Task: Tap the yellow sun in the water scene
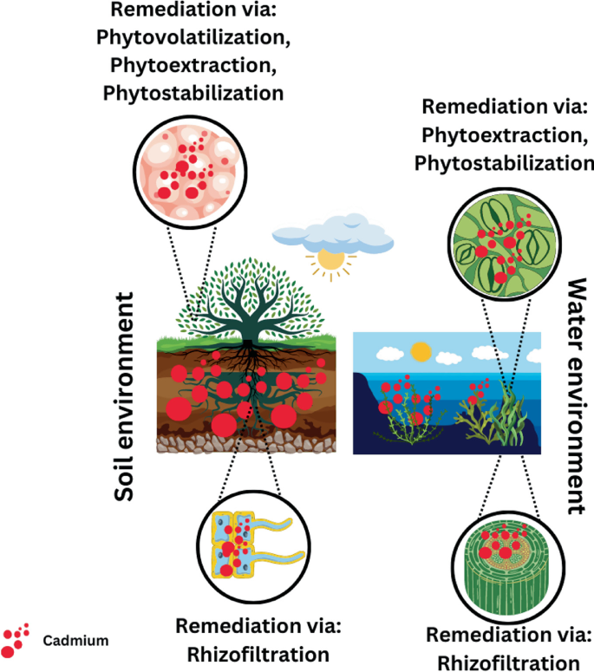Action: point(421,352)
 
